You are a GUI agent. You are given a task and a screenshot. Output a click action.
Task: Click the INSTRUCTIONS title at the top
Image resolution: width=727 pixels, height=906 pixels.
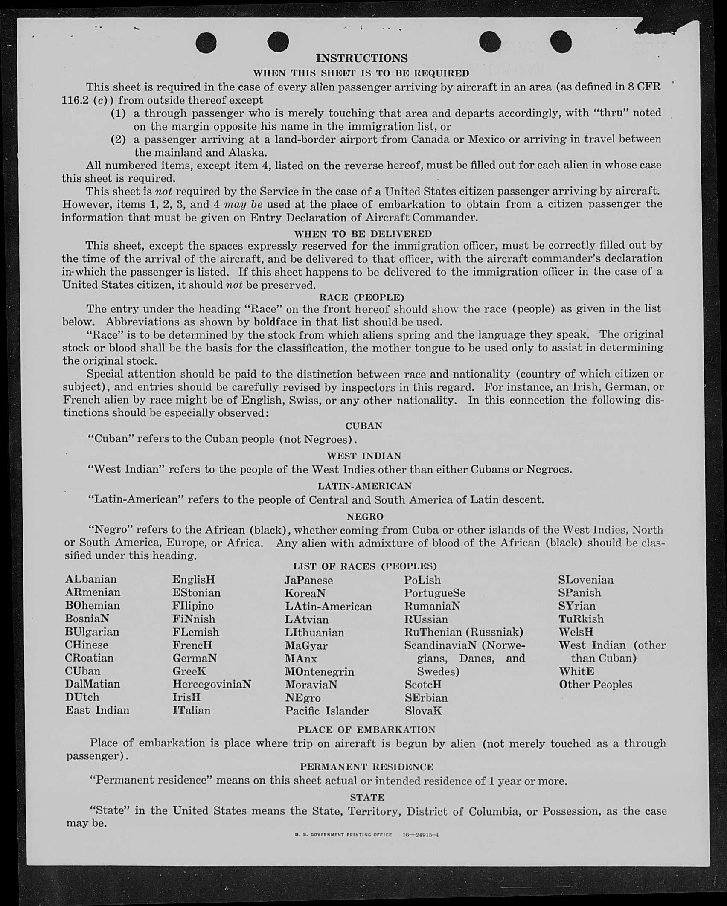click(361, 58)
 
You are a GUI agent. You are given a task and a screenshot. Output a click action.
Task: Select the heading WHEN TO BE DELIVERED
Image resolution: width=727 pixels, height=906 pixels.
click(363, 234)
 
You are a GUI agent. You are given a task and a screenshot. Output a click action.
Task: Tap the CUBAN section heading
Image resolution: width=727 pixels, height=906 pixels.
click(363, 426)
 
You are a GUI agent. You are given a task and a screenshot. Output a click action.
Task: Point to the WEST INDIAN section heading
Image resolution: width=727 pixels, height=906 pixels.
click(363, 456)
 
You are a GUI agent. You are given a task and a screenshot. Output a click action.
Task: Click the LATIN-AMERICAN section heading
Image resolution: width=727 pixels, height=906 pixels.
click(364, 486)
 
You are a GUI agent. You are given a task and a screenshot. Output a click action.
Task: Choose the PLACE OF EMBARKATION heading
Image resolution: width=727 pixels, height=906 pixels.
click(366, 730)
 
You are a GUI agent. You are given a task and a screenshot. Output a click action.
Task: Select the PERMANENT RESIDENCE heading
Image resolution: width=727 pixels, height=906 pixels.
click(366, 767)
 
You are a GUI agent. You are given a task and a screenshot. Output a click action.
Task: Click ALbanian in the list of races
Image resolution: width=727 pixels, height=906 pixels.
click(91, 579)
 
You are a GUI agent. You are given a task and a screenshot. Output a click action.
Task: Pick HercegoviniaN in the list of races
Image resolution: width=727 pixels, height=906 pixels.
click(212, 684)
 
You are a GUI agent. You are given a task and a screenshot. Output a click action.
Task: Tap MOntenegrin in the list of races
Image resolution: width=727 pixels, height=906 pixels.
click(320, 672)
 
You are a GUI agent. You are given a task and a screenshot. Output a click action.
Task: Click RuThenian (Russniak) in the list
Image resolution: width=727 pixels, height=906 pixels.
click(464, 632)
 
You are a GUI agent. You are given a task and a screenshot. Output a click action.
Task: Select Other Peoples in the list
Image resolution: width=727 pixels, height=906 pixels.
click(596, 685)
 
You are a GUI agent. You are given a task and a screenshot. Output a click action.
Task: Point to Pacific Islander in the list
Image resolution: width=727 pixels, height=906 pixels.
click(327, 711)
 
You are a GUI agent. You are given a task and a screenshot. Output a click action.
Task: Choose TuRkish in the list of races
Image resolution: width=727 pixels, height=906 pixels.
click(581, 619)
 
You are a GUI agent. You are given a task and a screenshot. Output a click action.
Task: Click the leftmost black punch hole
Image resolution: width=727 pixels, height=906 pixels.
click(206, 43)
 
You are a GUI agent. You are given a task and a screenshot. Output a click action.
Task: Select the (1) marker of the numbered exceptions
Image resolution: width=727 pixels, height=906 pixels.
click(119, 113)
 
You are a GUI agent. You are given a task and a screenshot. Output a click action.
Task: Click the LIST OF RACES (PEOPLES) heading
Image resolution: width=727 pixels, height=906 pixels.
click(365, 566)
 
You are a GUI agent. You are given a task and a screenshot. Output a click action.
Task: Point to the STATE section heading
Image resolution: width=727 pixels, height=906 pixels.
click(367, 797)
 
